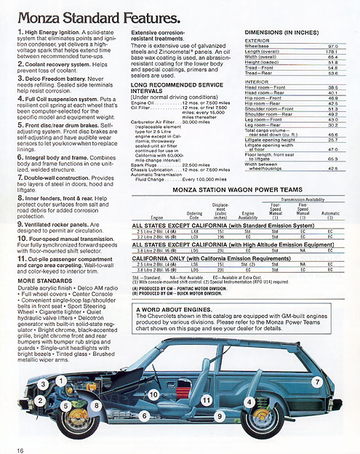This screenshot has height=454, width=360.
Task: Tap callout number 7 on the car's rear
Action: point(317,382)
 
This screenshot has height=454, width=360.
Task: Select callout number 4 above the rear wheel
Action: point(249,402)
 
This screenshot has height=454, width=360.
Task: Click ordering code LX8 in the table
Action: point(193,231)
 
